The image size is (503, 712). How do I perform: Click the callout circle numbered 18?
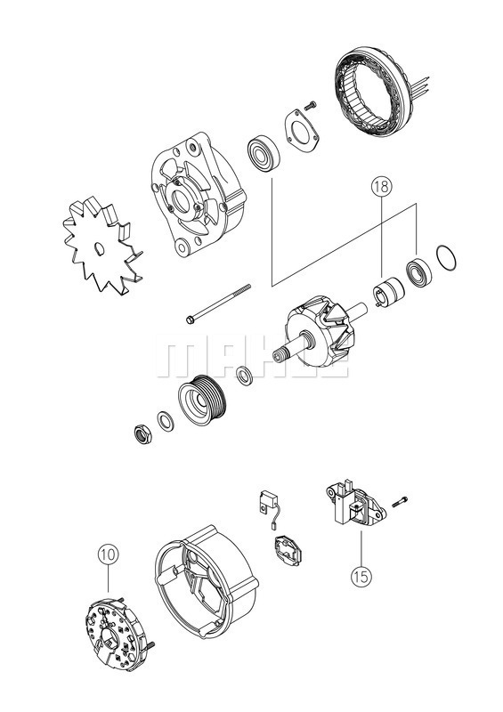click(x=380, y=189)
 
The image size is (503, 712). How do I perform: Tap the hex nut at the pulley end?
click(x=140, y=433)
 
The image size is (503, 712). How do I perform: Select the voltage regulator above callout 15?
click(x=354, y=504)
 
